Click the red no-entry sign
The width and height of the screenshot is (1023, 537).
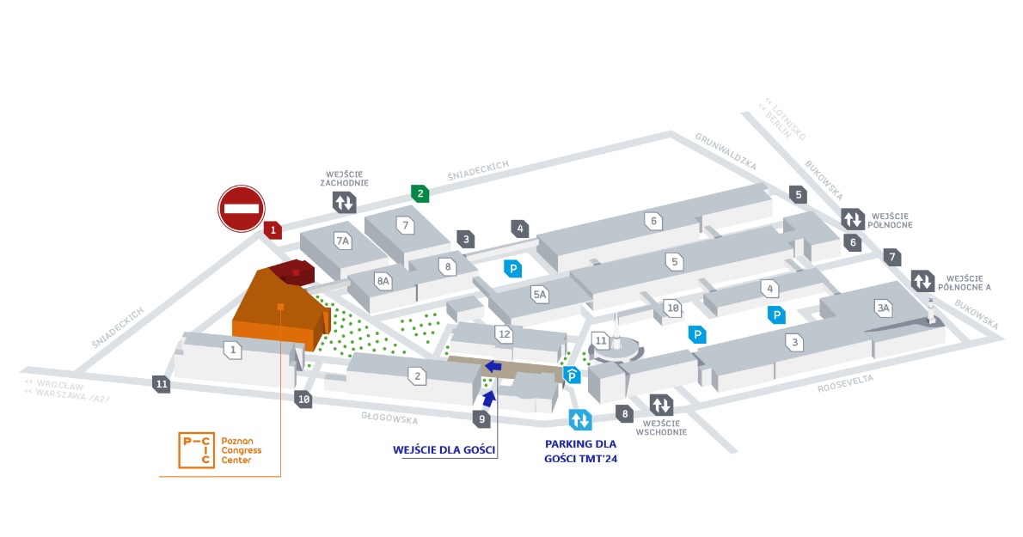point(241,208)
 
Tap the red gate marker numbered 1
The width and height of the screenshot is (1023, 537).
point(273,229)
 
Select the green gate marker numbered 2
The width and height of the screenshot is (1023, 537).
point(420,193)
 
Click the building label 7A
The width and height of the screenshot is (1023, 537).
point(344,241)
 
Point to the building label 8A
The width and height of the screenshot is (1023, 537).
point(383,280)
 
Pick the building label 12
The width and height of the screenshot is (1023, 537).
point(505,333)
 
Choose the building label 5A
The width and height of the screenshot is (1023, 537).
point(540,295)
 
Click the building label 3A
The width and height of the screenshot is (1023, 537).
point(883,308)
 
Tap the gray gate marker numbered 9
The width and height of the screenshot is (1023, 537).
point(482,418)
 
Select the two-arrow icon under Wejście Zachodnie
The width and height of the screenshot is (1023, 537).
point(345,203)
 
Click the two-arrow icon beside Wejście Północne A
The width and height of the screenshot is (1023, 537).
point(922,281)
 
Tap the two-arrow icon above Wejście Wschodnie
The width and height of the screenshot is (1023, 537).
point(661,404)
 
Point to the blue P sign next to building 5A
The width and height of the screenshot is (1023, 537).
point(513,268)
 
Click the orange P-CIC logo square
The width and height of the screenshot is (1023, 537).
point(196,449)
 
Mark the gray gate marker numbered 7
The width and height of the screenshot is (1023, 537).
point(893,256)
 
